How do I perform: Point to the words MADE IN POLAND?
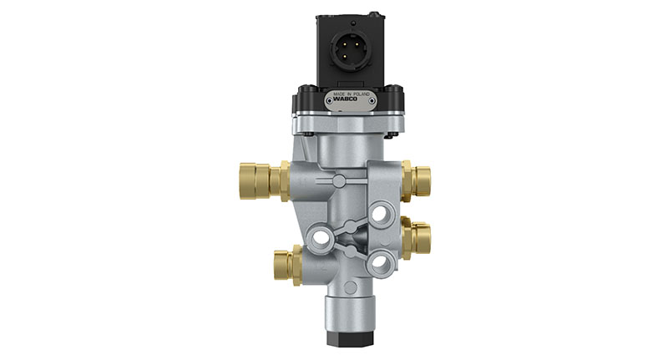pyautogui.click(x=353, y=95)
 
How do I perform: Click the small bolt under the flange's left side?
pyautogui.click(x=311, y=132)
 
